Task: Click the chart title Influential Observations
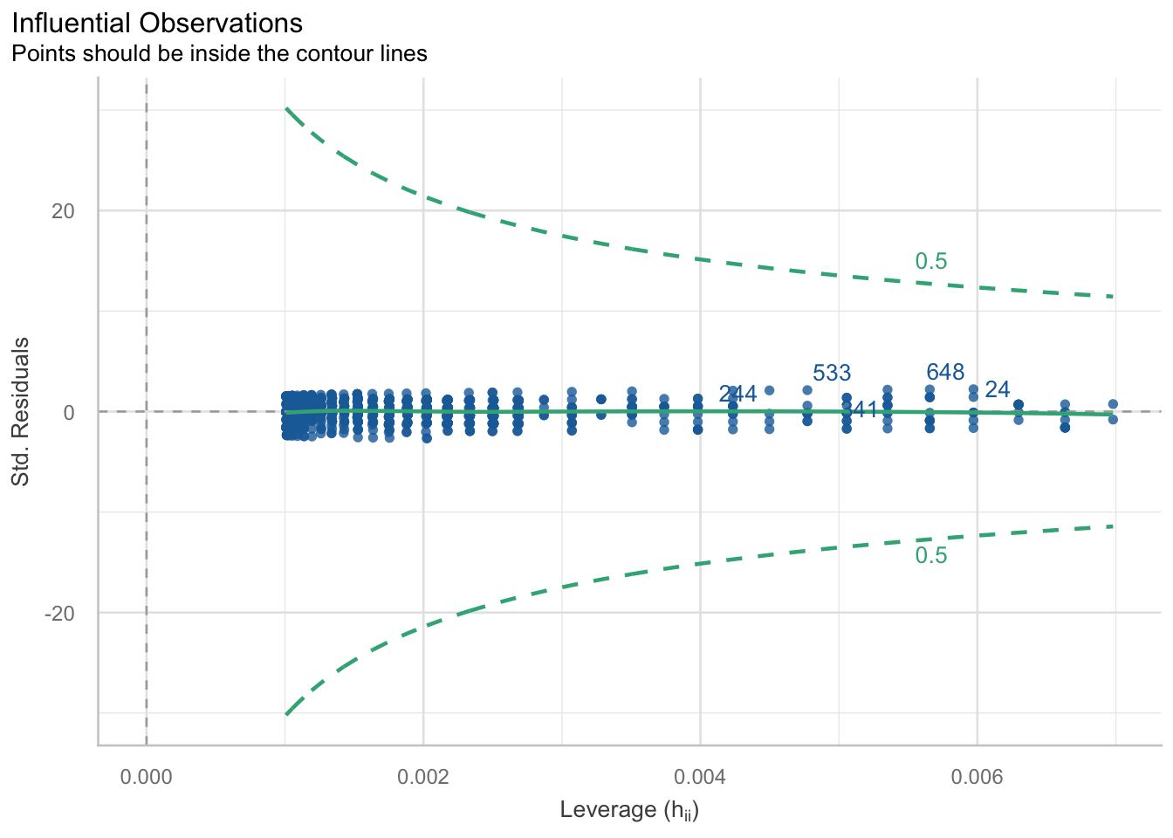157,24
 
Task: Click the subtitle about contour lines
219,54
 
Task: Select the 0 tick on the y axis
69,412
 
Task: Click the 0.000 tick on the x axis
146,776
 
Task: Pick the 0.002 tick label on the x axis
422,776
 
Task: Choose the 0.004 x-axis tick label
700,776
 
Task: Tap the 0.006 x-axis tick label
977,776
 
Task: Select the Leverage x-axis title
629,810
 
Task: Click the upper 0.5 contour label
930,262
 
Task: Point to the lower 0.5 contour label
930,556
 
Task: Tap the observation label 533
831,374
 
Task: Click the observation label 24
997,389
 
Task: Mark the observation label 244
737,395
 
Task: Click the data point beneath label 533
807,390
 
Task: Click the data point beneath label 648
929,389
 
